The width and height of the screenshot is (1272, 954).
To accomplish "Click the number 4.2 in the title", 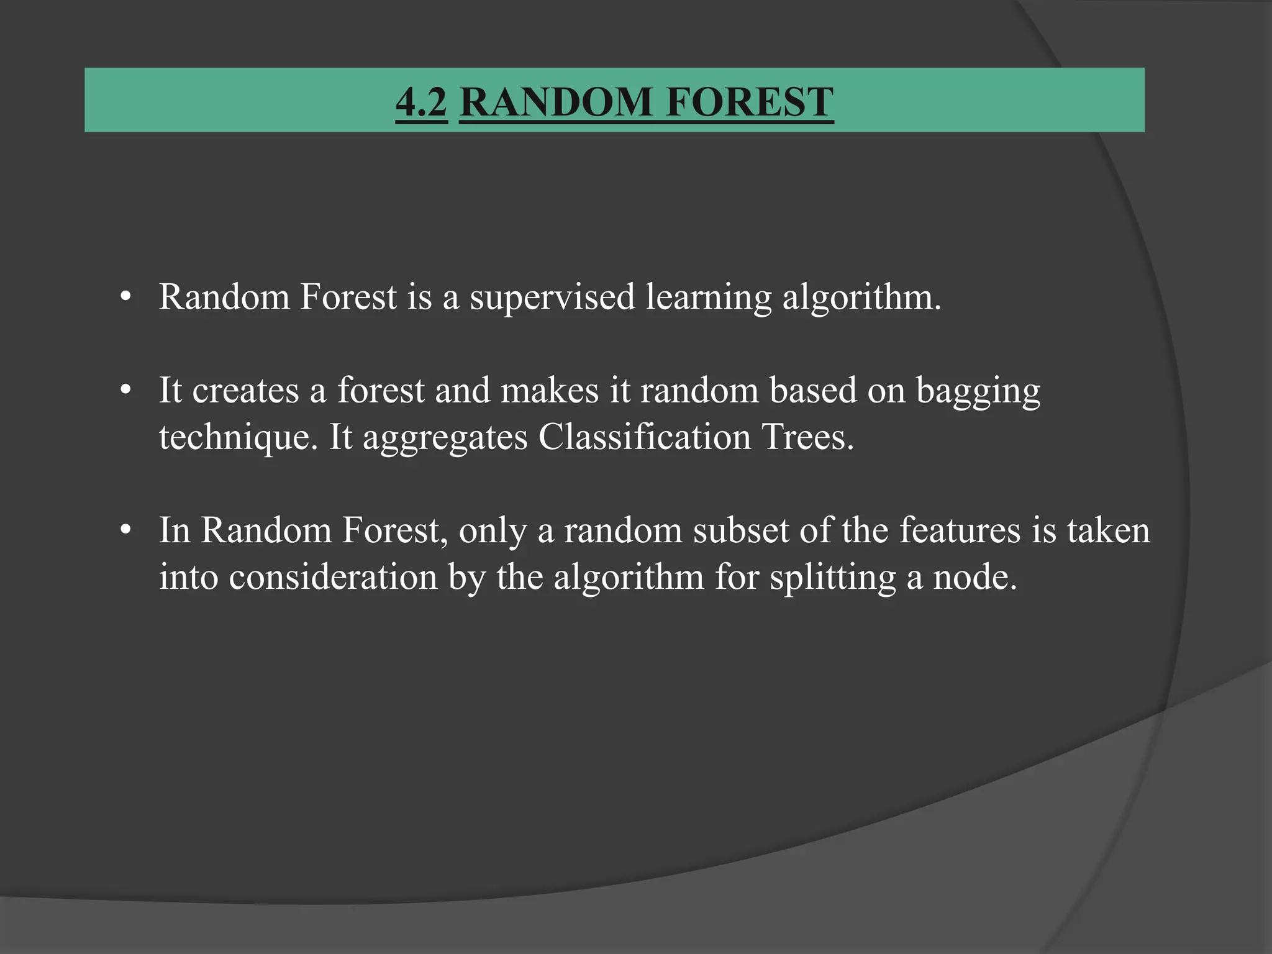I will coord(421,102).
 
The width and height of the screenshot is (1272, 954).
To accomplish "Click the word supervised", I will coord(552,298).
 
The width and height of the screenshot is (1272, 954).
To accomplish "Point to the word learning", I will coord(708,298).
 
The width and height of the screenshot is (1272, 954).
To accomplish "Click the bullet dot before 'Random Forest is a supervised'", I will coord(126,298).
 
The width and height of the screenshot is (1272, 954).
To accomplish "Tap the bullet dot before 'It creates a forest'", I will coord(126,391).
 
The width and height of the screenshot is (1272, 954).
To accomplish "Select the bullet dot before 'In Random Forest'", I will coord(126,531).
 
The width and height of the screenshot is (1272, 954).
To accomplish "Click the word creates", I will coord(245,391).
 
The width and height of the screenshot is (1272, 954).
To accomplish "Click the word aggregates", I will coord(445,437).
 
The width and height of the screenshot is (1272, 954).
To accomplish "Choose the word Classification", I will coord(645,437).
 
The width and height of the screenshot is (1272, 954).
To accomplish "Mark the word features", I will coord(960,530).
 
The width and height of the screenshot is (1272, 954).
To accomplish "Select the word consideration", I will coord(333,577).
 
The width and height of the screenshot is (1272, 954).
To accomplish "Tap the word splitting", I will coord(833,578).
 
